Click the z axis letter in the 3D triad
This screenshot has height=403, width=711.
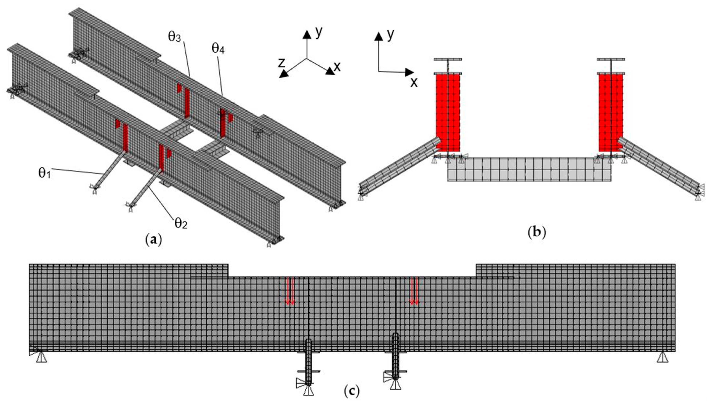pyautogui.click(x=282, y=63)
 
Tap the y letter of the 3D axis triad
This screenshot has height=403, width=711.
pyautogui.click(x=319, y=32)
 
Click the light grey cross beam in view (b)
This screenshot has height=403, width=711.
pyautogui.click(x=529, y=169)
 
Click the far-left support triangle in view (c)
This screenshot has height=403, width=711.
pyautogui.click(x=42, y=357)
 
